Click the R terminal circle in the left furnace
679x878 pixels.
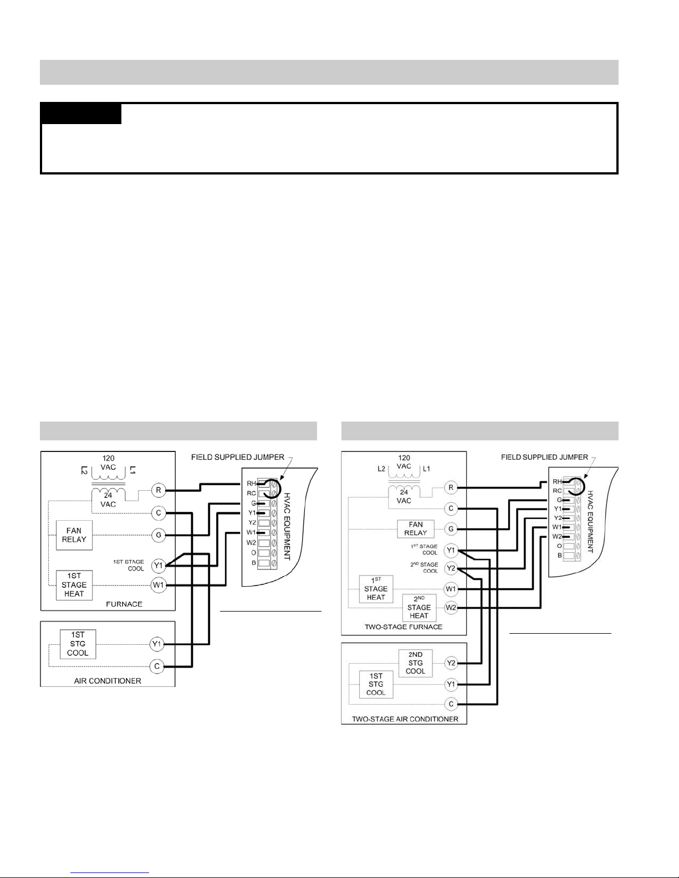(x=159, y=490)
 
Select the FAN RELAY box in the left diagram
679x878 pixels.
(x=74, y=535)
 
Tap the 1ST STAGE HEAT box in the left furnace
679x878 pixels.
(x=74, y=584)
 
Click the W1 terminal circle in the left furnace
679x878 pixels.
(x=159, y=584)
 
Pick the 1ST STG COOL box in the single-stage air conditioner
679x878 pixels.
(x=78, y=644)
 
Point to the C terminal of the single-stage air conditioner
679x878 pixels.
(x=157, y=666)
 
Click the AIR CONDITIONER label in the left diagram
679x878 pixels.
(x=108, y=681)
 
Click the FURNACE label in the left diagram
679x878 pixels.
(x=124, y=604)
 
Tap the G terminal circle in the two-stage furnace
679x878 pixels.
(x=451, y=529)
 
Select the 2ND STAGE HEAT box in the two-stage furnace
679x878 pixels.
(x=418, y=608)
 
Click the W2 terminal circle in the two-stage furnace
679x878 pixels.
(x=451, y=608)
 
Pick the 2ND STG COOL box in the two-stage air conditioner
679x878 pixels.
(x=415, y=663)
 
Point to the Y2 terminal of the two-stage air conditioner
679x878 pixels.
(x=451, y=663)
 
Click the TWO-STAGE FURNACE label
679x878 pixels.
(x=404, y=627)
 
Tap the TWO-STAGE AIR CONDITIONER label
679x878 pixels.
(x=405, y=719)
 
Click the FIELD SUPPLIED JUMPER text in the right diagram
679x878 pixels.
(x=544, y=457)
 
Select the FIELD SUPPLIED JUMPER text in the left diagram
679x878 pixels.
(x=238, y=457)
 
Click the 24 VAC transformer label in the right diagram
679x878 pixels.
(x=404, y=496)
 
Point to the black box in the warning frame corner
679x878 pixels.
(x=81, y=114)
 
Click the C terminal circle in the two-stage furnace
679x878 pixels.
(x=451, y=509)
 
